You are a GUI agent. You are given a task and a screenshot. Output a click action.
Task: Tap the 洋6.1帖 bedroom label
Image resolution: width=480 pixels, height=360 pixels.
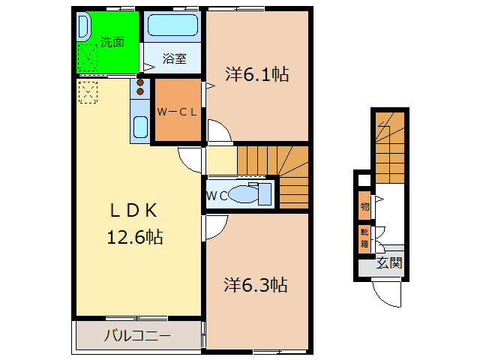coord(257,74)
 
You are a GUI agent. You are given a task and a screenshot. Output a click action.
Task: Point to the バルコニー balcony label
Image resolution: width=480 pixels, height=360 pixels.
coord(137,335)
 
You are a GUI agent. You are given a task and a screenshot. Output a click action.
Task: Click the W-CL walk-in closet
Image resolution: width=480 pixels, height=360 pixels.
coord(177,112)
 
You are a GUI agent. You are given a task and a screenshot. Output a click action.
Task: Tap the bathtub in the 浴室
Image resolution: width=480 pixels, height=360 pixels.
coord(172,27)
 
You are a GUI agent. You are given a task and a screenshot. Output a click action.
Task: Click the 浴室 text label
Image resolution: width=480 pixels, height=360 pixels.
coord(174,58)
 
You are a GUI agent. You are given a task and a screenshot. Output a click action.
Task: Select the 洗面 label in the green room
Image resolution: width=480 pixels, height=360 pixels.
coord(112,43)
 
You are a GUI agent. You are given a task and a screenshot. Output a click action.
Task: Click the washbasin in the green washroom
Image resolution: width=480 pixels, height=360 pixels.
coord(83,27)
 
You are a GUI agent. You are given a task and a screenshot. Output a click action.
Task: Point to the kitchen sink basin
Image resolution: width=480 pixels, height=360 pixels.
coord(140,127)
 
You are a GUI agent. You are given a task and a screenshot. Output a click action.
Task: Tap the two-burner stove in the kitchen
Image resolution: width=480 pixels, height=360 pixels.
coord(140,88)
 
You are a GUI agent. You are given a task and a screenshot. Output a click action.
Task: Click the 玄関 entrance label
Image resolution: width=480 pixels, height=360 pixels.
coord(389,263)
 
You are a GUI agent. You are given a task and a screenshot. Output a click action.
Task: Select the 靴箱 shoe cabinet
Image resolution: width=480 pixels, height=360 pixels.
coord(364,238)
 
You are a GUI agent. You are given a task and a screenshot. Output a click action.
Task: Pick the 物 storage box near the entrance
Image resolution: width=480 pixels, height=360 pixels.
coord(364,205)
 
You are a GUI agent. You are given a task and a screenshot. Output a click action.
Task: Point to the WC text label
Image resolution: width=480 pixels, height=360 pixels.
coord(217,196)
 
